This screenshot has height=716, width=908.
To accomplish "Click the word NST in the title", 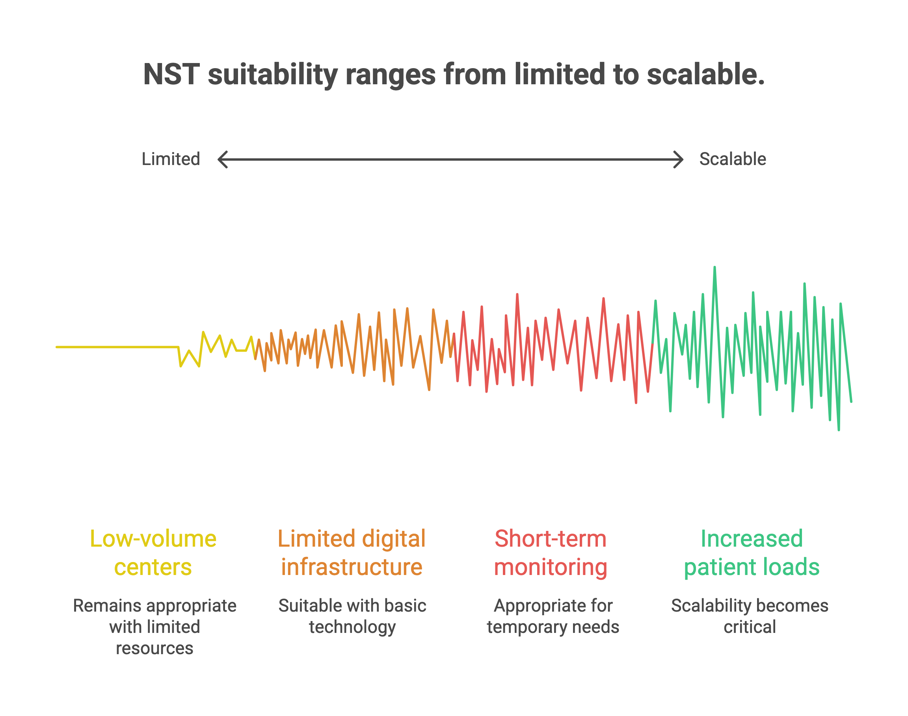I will click(171, 74).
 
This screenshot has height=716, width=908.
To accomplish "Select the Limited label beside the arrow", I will click(171, 159).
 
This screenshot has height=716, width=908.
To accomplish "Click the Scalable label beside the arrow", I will click(733, 159).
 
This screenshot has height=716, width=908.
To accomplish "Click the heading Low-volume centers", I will click(153, 553).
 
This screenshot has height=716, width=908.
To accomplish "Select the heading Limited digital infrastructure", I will click(352, 553).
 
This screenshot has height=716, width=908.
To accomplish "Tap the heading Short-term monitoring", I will click(550, 553).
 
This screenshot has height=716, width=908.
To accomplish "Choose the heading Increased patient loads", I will click(752, 553).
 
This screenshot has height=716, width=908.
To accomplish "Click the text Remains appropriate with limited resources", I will click(154, 627).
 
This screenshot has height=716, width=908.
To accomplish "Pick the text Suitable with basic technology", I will click(352, 616).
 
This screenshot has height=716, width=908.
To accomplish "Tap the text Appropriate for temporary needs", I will click(553, 616).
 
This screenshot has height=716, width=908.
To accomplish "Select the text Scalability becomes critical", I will click(750, 616).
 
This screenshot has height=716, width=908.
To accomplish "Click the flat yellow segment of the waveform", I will click(117, 347).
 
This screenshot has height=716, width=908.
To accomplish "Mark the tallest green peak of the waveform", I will click(714, 268).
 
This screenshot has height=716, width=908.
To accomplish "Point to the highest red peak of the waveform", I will click(517, 295).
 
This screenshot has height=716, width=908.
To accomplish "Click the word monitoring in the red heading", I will click(550, 567).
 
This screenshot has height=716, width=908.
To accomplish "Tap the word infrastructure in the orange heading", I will click(352, 567).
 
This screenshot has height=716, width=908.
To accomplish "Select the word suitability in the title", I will click(273, 74).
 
